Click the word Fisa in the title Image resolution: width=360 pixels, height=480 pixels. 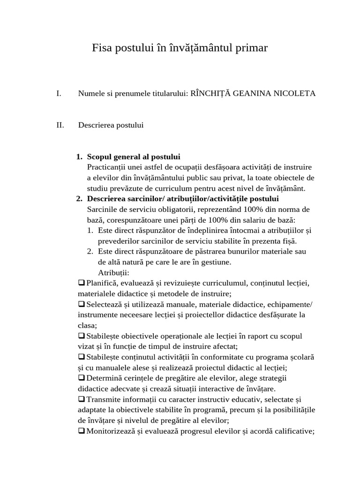[x=102, y=48]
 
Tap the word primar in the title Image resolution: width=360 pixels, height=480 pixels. [x=252, y=48]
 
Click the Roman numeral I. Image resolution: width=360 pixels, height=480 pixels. [x=58, y=93]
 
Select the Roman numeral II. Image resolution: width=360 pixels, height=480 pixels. [x=60, y=125]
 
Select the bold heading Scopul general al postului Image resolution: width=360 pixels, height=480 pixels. [x=134, y=157]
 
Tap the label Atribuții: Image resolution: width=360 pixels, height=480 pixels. [x=113, y=273]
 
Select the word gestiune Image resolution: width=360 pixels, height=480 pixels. [x=216, y=262]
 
